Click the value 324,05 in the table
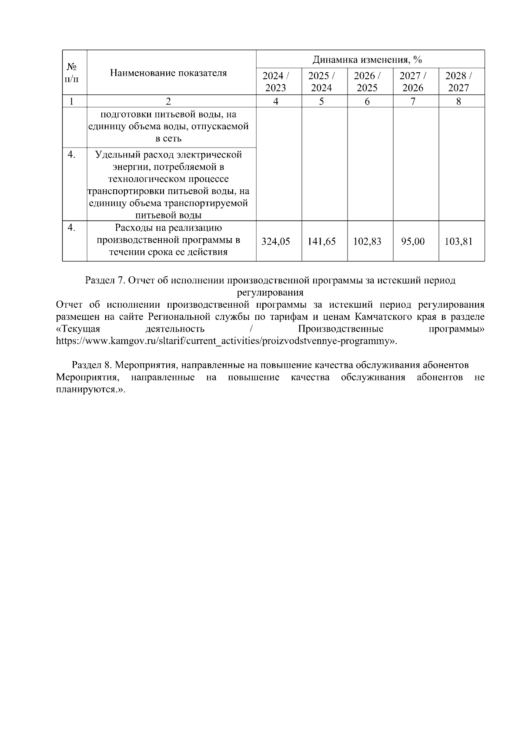[x=275, y=241]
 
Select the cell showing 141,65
[x=321, y=241]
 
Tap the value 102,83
[x=367, y=241]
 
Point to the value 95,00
[x=413, y=241]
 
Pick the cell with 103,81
[x=458, y=241]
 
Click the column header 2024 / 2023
[x=276, y=81]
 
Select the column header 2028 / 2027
[x=458, y=81]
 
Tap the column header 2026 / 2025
[x=367, y=81]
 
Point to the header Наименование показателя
[x=168, y=73]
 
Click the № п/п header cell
[x=72, y=73]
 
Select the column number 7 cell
[x=413, y=101]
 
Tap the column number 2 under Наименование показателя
[x=168, y=101]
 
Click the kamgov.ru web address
[x=226, y=341]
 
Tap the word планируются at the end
[x=87, y=389]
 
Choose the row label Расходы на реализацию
[x=168, y=228]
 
